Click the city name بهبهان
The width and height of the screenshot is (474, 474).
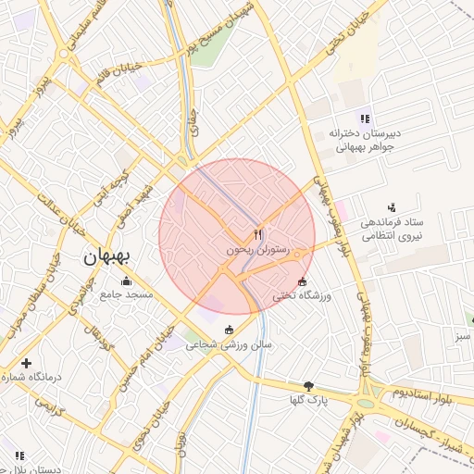click(x=108, y=256)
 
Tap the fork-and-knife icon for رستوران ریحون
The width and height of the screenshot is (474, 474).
click(x=257, y=235)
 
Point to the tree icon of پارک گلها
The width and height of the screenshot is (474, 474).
click(x=308, y=386)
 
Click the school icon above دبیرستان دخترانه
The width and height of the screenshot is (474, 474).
click(x=365, y=118)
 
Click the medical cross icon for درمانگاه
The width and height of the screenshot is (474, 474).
click(x=26, y=364)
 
